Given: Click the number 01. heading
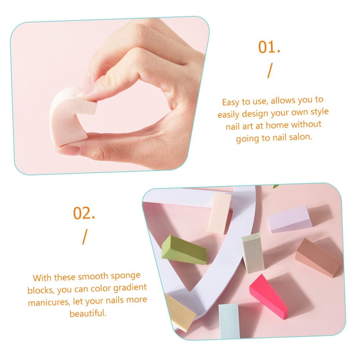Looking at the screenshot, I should pyautogui.click(x=269, y=47).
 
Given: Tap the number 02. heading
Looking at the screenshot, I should pyautogui.click(x=84, y=213).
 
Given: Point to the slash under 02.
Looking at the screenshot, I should pyautogui.click(x=85, y=237).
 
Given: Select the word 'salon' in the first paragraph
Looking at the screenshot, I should pyautogui.click(x=299, y=137).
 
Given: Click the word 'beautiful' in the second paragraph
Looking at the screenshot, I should pyautogui.click(x=87, y=313).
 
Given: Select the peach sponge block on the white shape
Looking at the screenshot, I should pyautogui.click(x=219, y=209).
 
